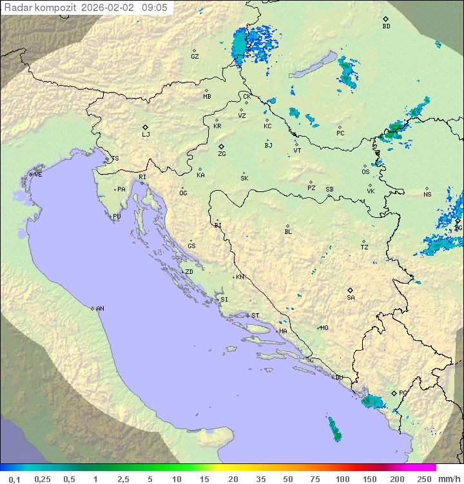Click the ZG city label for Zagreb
[x=222, y=154]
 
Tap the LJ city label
[x=146, y=135]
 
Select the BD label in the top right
[x=386, y=26]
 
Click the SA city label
[x=351, y=298]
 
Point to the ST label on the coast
[x=255, y=316]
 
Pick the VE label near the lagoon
[x=38, y=175]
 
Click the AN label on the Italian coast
[x=100, y=309]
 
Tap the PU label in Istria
[x=117, y=217]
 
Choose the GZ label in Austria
[x=195, y=57]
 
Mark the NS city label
[x=427, y=195]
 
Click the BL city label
[x=288, y=232]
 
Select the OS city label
[x=365, y=172]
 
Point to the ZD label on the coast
[x=189, y=272]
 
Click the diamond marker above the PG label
[x=394, y=393]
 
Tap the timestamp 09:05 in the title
[x=155, y=8]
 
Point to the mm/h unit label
[x=449, y=479]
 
